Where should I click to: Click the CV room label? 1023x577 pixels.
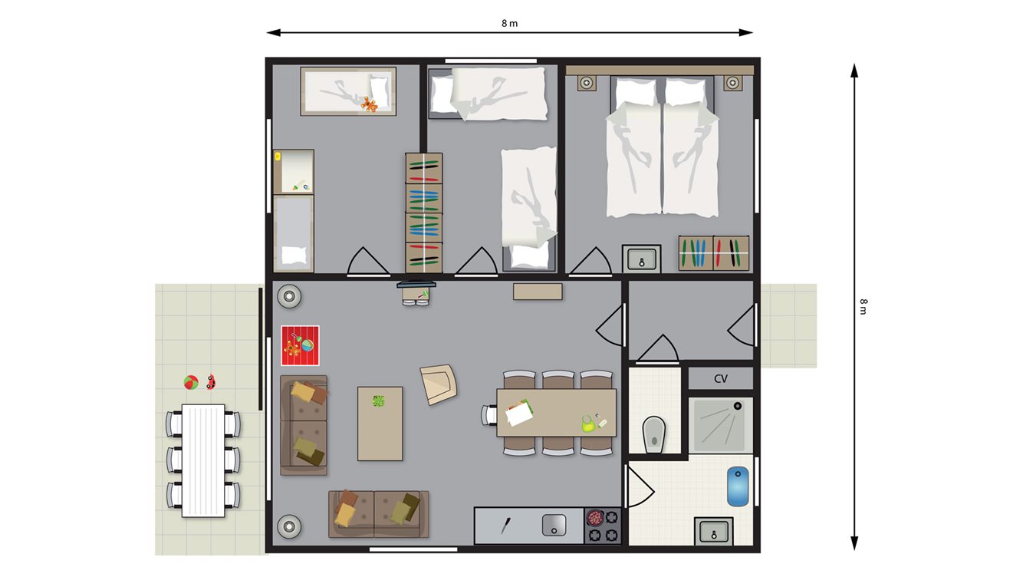point(721,379)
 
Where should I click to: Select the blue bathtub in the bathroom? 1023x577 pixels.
point(738,486)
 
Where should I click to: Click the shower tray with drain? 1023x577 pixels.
point(720,426)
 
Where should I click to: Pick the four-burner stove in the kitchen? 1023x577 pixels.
point(603,526)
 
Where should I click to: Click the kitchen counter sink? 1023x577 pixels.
point(554,526)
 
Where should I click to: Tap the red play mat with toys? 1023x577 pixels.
point(300,345)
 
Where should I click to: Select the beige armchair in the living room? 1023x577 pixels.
point(439,384)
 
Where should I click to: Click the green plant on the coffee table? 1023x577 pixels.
point(378,401)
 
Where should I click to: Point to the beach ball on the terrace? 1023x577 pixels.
point(191,382)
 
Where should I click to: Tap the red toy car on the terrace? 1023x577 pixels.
point(211,382)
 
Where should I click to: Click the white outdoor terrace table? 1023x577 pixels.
point(203,460)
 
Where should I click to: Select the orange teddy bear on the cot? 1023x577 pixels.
point(369,104)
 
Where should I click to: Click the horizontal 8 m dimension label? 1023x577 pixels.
point(510,23)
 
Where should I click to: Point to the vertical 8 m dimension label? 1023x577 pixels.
point(863,307)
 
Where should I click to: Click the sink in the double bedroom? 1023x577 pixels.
point(642,259)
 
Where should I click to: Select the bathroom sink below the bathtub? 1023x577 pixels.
point(714,531)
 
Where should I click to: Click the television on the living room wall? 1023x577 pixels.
point(416,285)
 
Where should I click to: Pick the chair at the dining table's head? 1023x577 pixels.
point(489,415)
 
